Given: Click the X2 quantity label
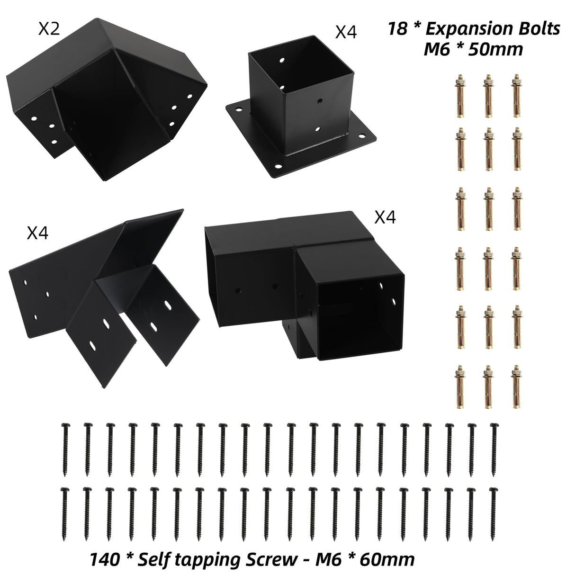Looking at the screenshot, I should point(49,29).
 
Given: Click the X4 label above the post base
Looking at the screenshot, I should point(346,32).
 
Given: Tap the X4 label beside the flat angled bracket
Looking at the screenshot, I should point(37,234).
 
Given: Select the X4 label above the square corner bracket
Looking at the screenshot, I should point(385,217).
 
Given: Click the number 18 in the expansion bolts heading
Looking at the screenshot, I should point(397,29).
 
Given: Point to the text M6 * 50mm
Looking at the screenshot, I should point(473,49).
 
